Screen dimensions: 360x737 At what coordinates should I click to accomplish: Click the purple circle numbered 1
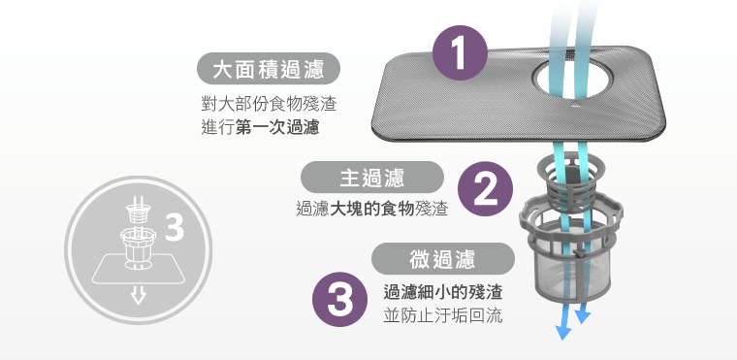click(x=460, y=53)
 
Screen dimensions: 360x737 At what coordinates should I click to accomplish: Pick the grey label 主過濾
click(x=371, y=178)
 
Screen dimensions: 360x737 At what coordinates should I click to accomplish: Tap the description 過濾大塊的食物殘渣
click(x=371, y=208)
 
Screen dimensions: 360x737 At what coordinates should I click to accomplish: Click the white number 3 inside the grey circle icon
click(x=175, y=227)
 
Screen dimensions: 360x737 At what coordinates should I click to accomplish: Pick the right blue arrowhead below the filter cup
click(x=582, y=316)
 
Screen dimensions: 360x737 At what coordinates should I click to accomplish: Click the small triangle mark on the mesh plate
click(x=575, y=101)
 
